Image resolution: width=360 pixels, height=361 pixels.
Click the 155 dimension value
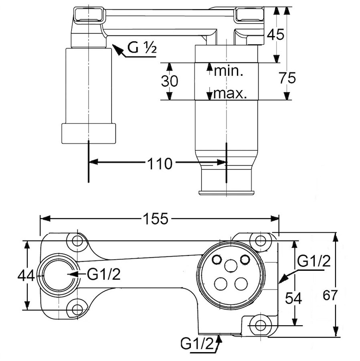click(x=155, y=219)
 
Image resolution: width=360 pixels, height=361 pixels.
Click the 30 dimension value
click(x=170, y=81)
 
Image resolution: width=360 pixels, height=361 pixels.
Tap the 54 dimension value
click(x=293, y=297)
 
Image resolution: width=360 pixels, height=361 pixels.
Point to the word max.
click(x=229, y=94)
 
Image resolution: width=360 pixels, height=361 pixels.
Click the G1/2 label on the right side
click(x=314, y=262)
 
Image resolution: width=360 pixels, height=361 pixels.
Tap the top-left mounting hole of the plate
click(x=77, y=241)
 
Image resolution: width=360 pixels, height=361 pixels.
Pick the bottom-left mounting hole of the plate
click(x=77, y=309)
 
